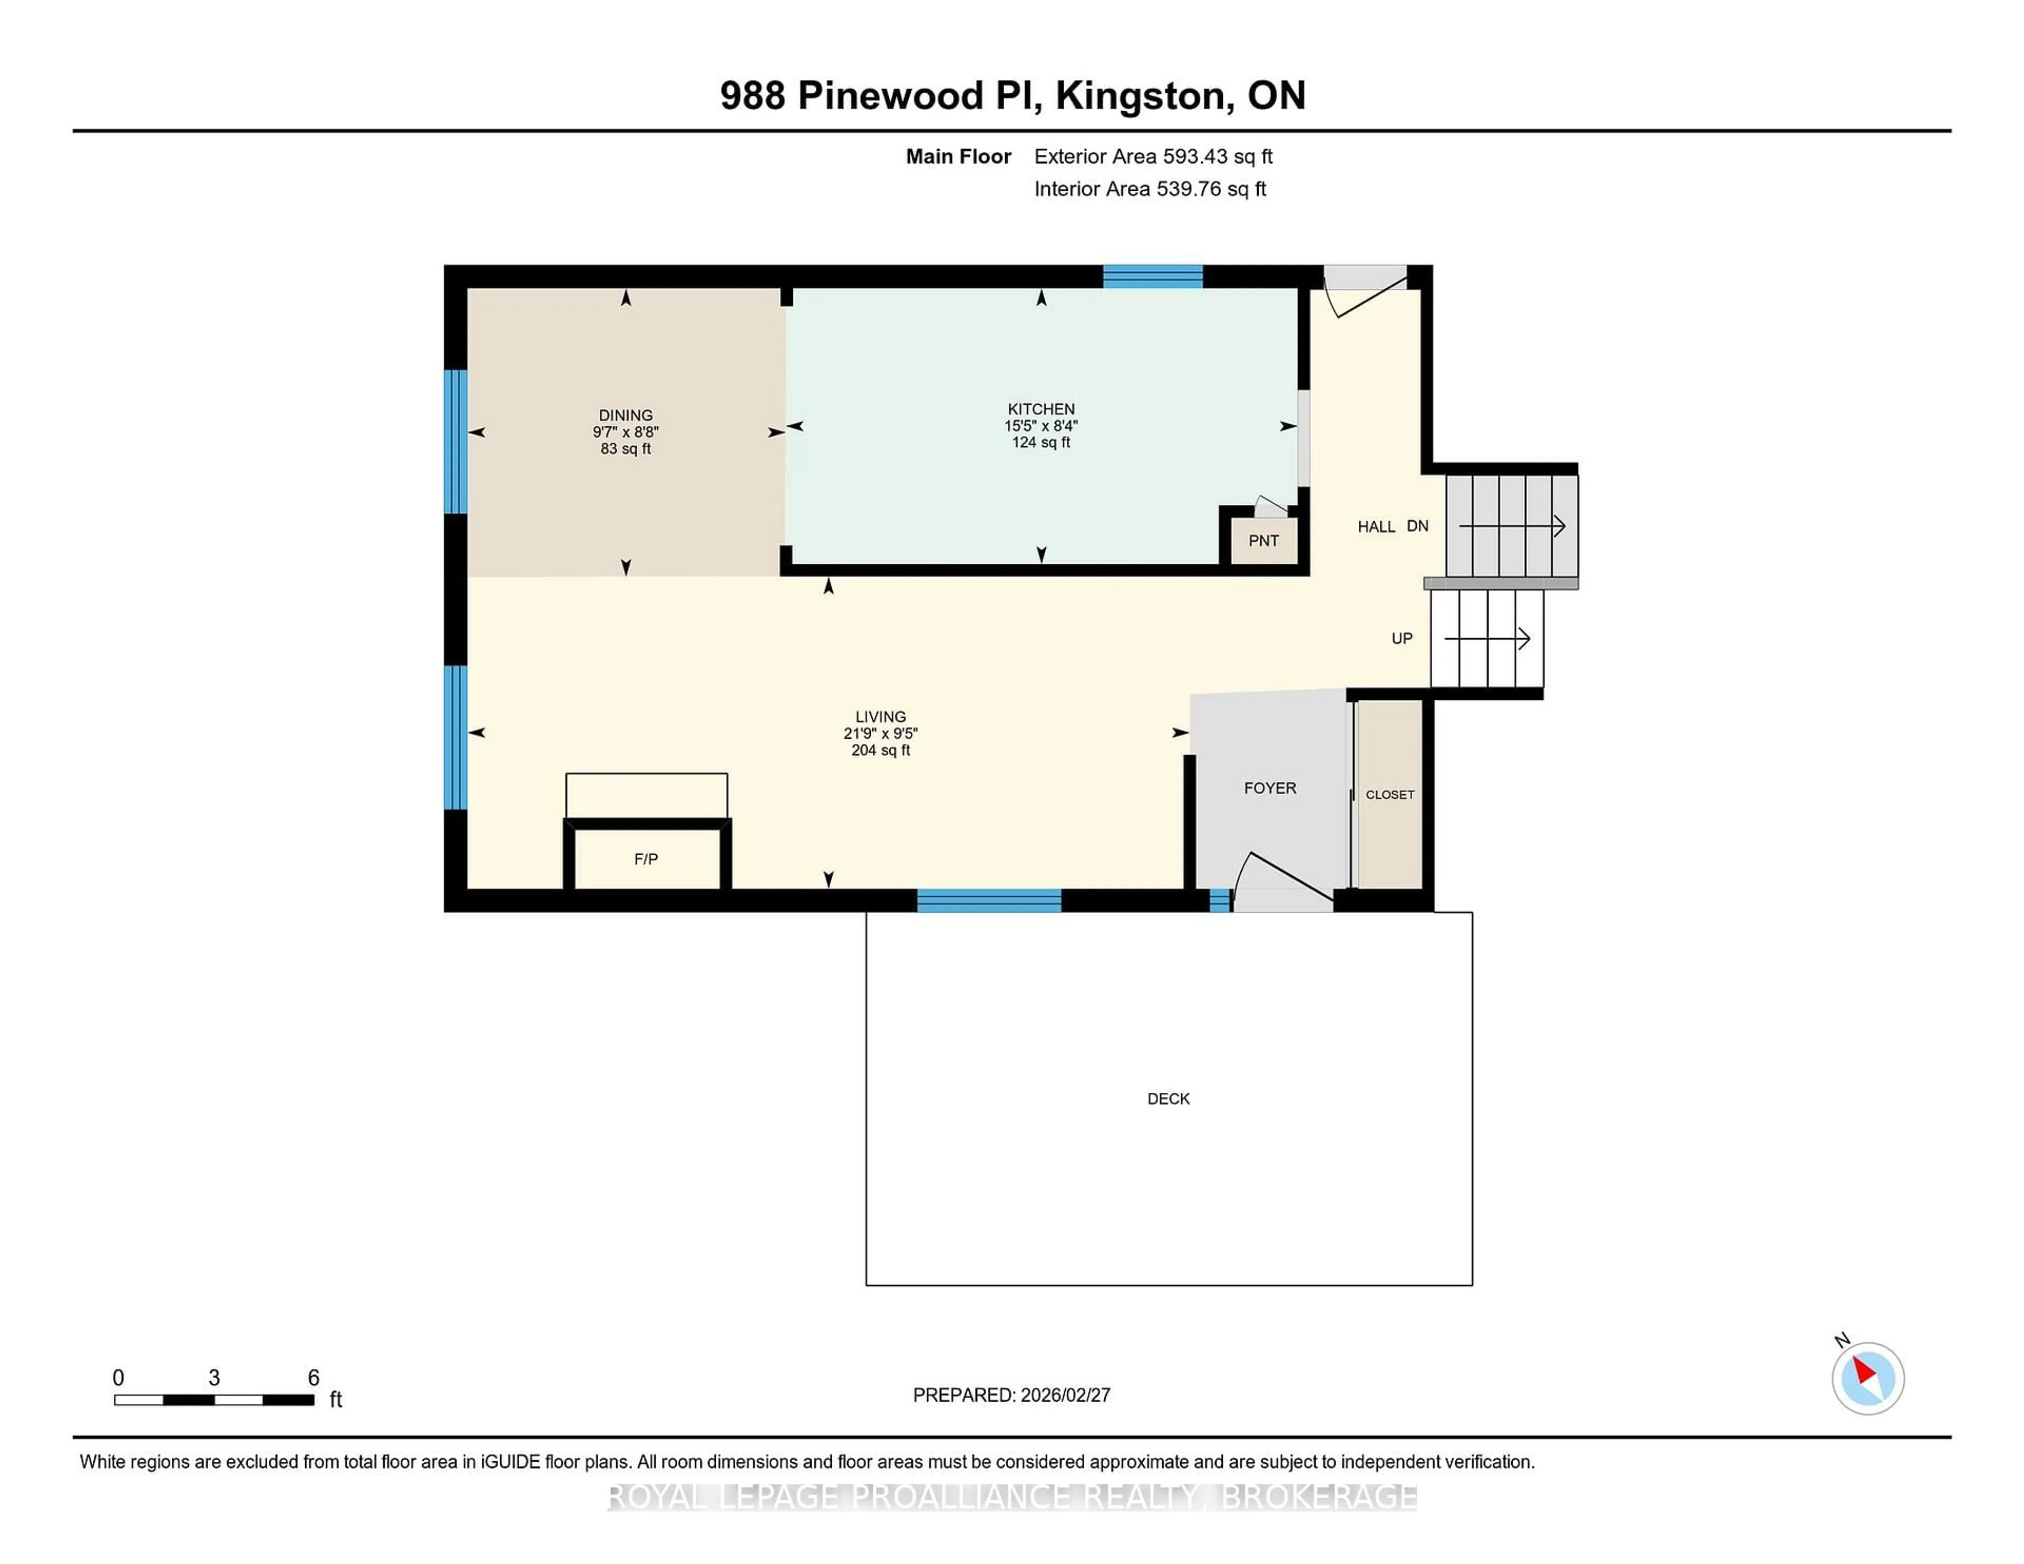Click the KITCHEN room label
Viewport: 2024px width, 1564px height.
click(x=1041, y=408)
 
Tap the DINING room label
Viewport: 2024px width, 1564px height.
click(x=626, y=415)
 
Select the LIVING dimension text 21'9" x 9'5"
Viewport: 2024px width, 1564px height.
click(x=880, y=733)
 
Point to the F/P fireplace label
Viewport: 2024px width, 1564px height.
click(x=646, y=859)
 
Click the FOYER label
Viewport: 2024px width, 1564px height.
click(x=1270, y=788)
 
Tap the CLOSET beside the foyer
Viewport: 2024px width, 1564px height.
click(x=1389, y=794)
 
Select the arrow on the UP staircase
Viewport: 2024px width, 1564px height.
click(x=1487, y=638)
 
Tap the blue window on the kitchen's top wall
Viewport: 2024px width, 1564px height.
click(x=1152, y=276)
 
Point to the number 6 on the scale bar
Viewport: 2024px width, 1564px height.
click(x=313, y=1378)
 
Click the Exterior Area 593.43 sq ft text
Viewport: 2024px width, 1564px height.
click(x=1153, y=157)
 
